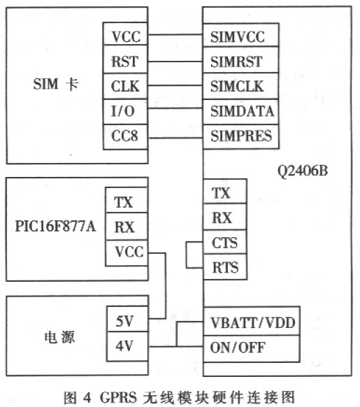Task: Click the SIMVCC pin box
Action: tap(241, 35)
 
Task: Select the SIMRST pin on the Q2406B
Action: tap(241, 60)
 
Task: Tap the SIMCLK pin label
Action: tap(237, 86)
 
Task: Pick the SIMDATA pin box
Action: tap(241, 112)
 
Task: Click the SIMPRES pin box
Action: tap(241, 136)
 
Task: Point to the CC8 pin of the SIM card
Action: tap(125, 137)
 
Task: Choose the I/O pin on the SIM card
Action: tap(125, 112)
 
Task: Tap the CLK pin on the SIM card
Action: tap(125, 87)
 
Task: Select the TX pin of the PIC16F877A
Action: tap(127, 200)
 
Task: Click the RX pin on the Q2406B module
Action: tap(225, 217)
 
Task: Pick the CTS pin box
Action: tap(225, 242)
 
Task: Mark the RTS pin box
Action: tap(225, 267)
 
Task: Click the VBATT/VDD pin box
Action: tap(252, 322)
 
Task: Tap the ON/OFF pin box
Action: tap(252, 348)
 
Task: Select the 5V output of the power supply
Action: tap(127, 319)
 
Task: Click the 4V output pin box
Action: tap(127, 346)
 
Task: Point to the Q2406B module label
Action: tap(303, 171)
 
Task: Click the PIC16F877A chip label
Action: tap(55, 226)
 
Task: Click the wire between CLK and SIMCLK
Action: tap(175, 85)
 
